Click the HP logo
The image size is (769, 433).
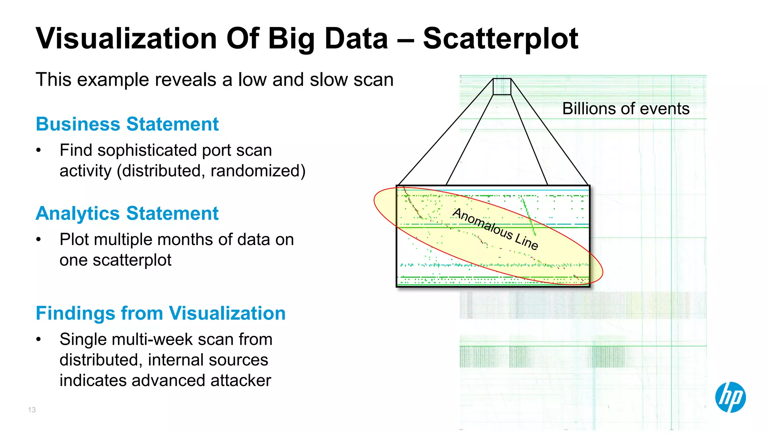pos(730,397)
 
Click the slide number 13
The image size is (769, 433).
pos(32,410)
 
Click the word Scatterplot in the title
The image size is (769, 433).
pos(500,39)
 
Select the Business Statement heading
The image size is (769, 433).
pos(127,124)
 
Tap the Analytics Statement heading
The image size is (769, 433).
pos(127,213)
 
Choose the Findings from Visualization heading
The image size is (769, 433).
pos(160,313)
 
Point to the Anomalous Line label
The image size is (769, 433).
pos(496,229)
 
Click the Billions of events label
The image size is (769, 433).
pos(626,109)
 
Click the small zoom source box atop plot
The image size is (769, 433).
pos(502,86)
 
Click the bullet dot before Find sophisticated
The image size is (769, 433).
pos(38,150)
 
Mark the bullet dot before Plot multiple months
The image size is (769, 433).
pos(38,239)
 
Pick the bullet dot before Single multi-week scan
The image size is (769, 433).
pos(38,339)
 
